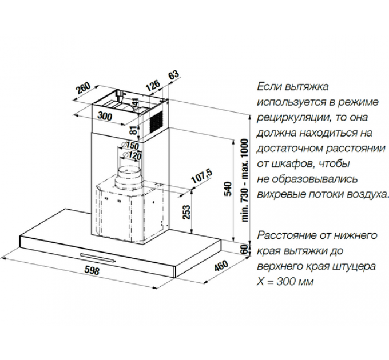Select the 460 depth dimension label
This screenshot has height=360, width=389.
pos(221,267)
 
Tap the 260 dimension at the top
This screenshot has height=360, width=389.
pos(84,88)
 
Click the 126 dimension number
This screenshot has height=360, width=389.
pos(152,86)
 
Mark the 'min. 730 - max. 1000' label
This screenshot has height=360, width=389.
pos(244,180)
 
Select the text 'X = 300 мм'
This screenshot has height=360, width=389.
pos(286,282)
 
